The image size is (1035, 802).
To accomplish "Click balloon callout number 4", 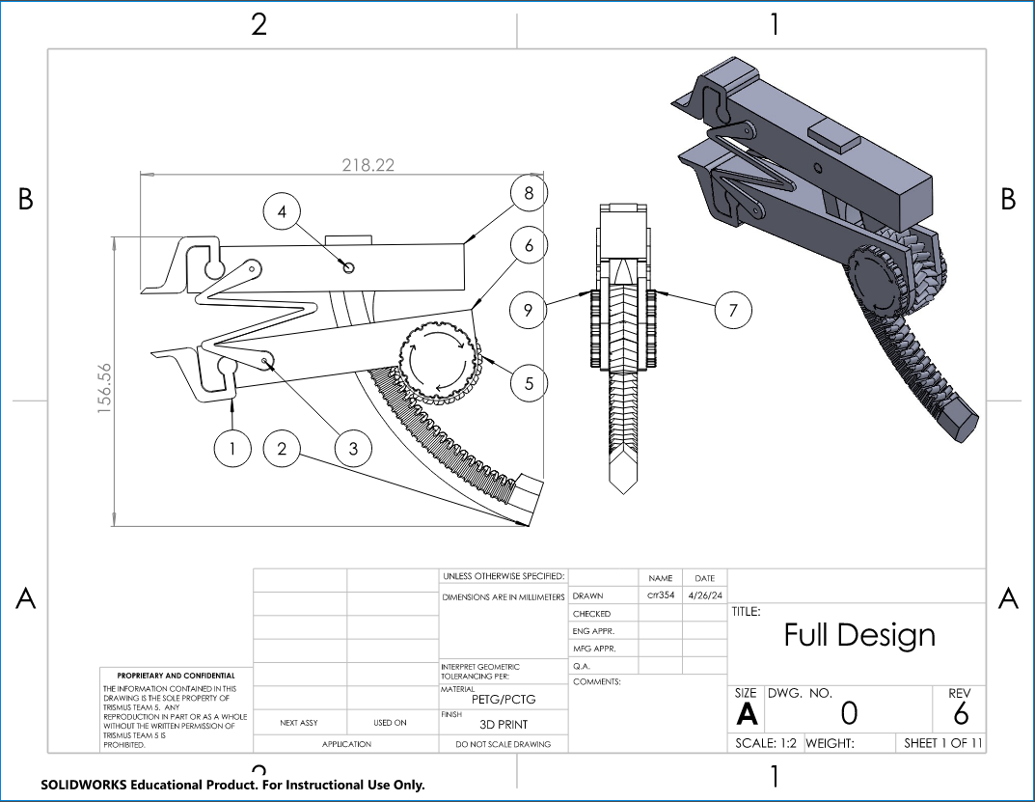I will point(282,211).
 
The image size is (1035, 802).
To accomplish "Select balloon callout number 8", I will point(529,193).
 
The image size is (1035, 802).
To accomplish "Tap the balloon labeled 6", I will point(529,246).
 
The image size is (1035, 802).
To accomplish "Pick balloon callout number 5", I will point(529,383).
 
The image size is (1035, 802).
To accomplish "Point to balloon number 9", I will point(529,310).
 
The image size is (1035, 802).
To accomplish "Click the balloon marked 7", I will point(733,310).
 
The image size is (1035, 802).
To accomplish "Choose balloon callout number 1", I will point(232,448).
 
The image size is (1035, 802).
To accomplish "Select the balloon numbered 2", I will point(282,448).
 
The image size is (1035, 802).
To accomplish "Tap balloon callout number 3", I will point(353,448).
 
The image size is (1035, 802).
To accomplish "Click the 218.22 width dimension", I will point(368,165).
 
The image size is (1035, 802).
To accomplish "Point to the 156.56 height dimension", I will point(105,388).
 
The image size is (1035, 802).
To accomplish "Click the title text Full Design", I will point(858,635).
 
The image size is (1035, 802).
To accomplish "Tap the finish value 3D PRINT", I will point(504,724).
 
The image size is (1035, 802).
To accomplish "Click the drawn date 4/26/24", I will point(704,595).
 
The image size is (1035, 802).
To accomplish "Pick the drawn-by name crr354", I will point(660,595).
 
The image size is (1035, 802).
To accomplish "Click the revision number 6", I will point(960,714).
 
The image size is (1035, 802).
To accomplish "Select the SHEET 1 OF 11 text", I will point(942,744).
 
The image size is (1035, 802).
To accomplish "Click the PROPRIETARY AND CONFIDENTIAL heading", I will point(176,676).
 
